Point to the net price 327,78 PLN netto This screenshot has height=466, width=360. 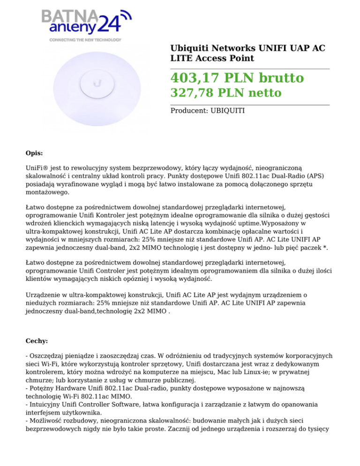pos(225,93)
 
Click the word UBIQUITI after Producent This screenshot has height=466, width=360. pos(225,111)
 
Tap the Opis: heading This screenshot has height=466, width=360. pos(34,153)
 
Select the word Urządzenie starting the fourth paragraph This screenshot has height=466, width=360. pos(46,295)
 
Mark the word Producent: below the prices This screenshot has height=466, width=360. pos(189,111)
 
